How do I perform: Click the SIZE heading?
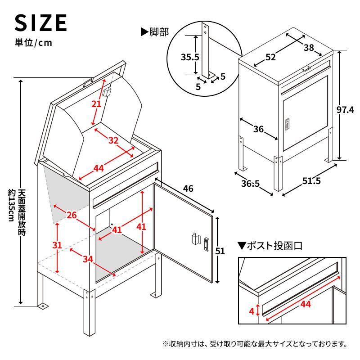click(41, 22)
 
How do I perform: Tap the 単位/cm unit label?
click(33, 43)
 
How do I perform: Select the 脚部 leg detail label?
click(155, 32)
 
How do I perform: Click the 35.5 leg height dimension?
click(189, 57)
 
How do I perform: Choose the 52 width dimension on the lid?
click(270, 57)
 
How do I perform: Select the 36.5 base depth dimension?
click(250, 184)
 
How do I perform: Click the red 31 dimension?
click(57, 245)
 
